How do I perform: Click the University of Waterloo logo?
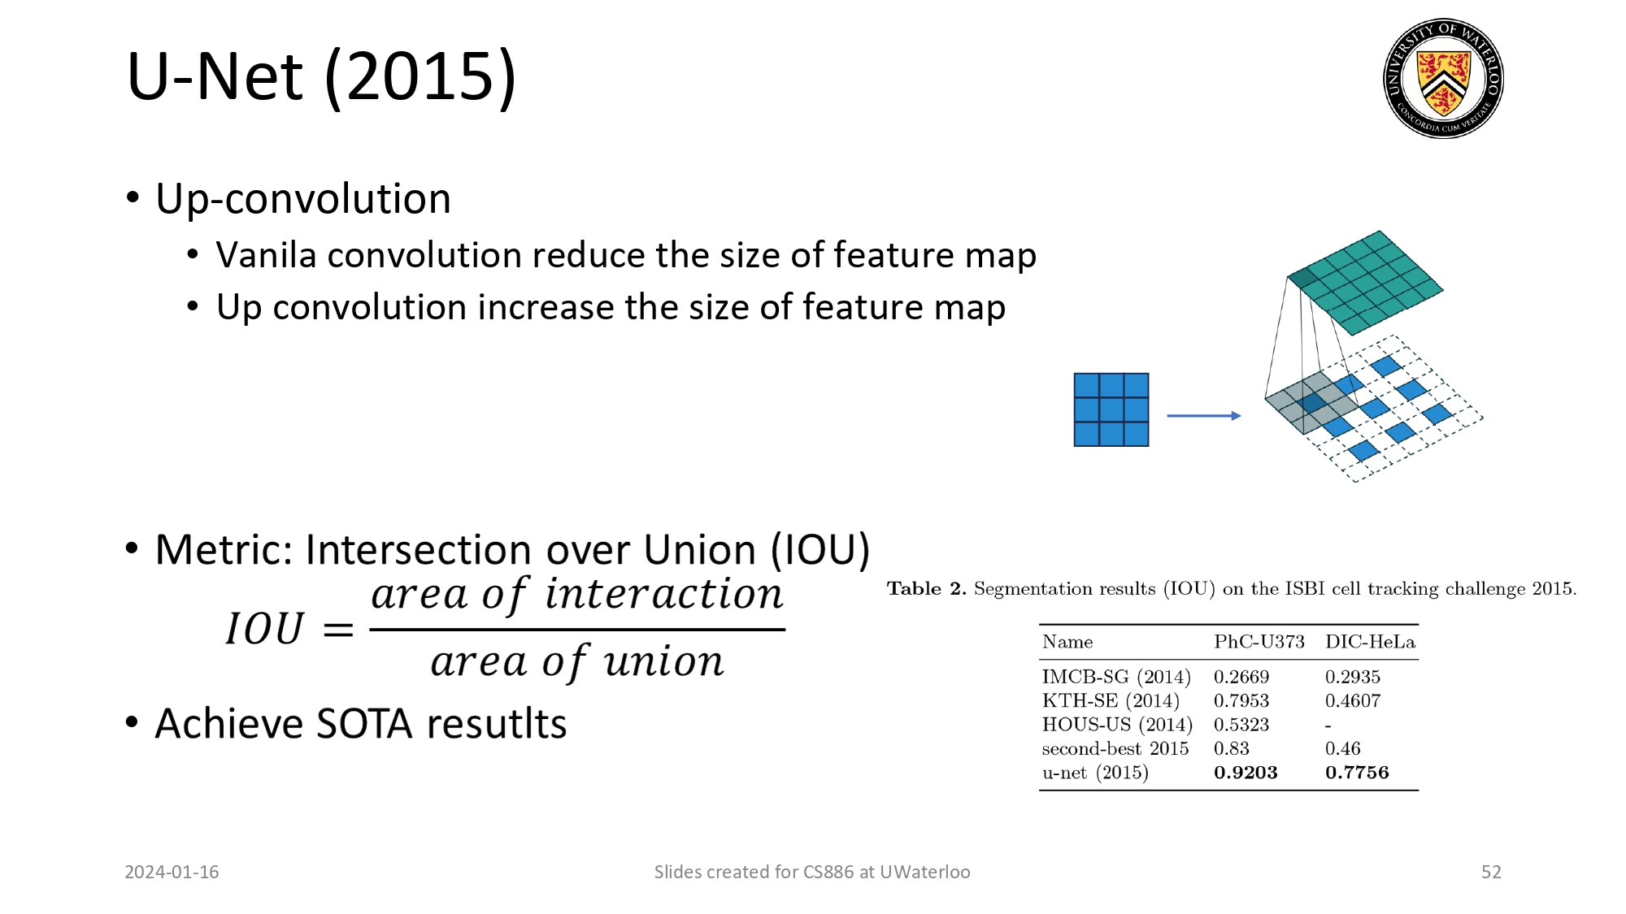coord(1443,78)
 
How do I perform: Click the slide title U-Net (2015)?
coord(321,76)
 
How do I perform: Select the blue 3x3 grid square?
coord(1111,409)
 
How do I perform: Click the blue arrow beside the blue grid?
coord(1203,415)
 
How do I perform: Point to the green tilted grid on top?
coord(1366,281)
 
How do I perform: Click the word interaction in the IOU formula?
coord(663,594)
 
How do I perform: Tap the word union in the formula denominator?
coord(663,661)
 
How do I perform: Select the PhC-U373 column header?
coord(1259,642)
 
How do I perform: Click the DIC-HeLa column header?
coord(1370,642)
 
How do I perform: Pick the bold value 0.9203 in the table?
coord(1246,773)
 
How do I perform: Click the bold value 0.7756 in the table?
coord(1357,773)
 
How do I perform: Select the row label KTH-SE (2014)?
coord(1111,700)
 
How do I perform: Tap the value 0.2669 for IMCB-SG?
coord(1241,677)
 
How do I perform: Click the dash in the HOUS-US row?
coord(1328,726)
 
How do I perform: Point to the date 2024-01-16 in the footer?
coord(172,872)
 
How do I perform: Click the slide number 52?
coord(1491,872)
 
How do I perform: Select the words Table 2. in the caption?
coord(926,588)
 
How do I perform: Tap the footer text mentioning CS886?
coord(811,872)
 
